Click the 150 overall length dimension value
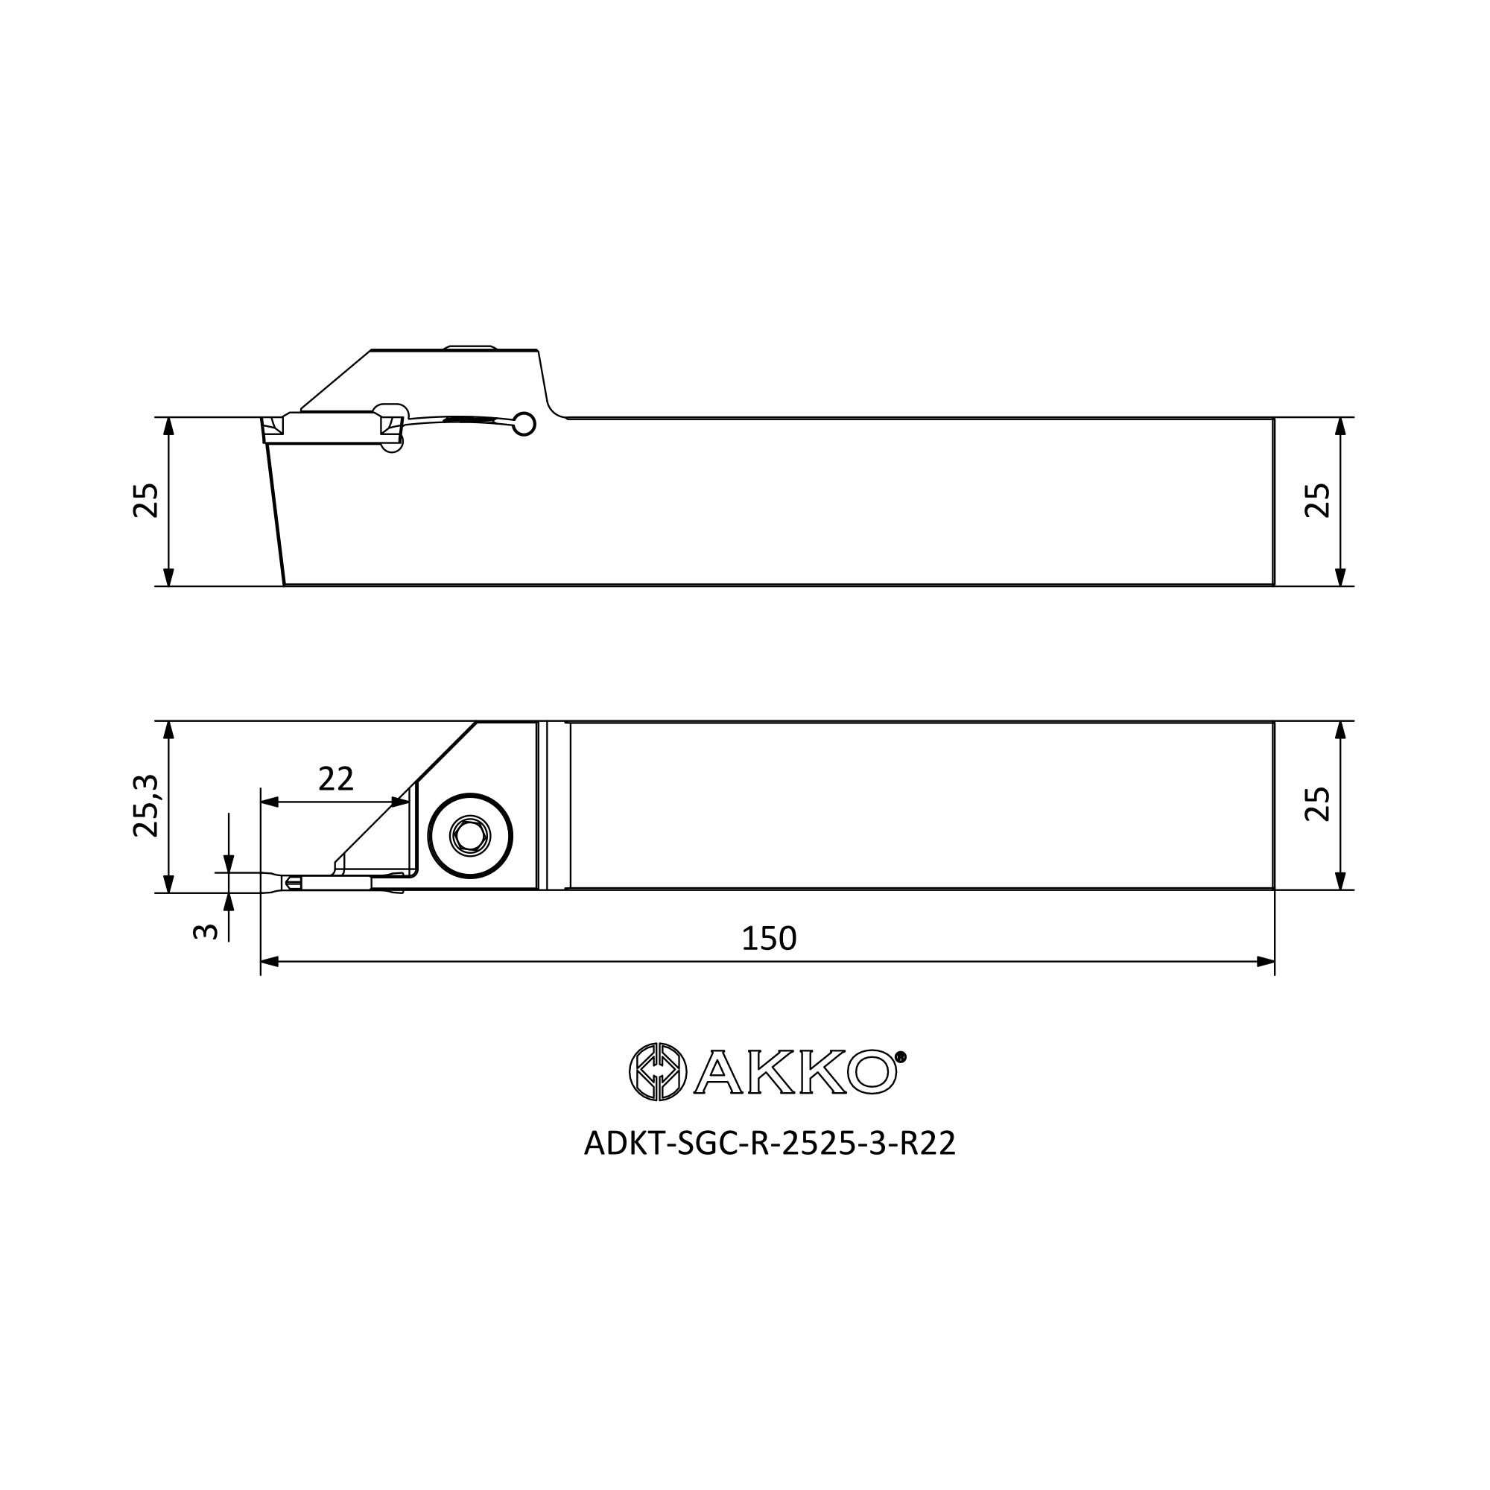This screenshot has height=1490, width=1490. click(x=768, y=939)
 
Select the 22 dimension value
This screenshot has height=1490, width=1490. click(x=335, y=780)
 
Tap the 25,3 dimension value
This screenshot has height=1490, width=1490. click(x=146, y=807)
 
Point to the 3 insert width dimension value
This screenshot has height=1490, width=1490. click(x=205, y=932)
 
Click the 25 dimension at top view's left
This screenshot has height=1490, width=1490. click(x=146, y=501)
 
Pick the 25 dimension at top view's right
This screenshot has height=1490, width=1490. click(x=1317, y=501)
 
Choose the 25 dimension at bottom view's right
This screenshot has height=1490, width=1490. click(x=1317, y=805)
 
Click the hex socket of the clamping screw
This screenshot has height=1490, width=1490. click(x=469, y=836)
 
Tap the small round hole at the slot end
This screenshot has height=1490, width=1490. click(x=524, y=424)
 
